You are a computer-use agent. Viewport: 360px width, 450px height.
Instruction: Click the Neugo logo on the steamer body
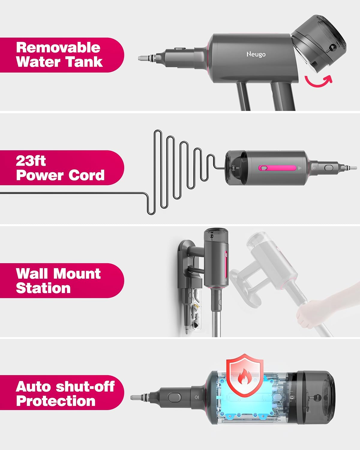pos(256,54)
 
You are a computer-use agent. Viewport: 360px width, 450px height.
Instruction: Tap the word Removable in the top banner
pos(58,47)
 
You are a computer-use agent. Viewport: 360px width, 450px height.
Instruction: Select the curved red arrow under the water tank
pos(318,81)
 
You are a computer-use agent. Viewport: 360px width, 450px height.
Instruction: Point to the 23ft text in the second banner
pos(31,161)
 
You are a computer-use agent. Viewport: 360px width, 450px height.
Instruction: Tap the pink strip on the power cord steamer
pos(277,168)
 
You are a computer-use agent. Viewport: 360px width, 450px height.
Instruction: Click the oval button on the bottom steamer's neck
pos(174,397)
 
